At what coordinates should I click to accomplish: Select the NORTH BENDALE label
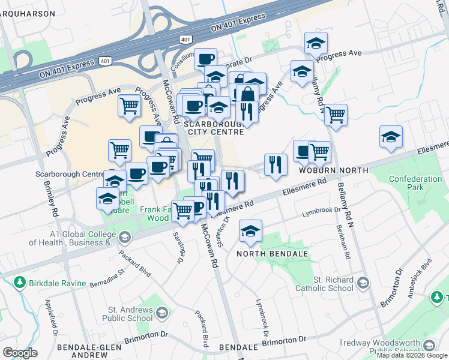(x=272, y=254)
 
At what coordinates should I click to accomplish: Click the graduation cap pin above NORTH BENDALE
(x=250, y=230)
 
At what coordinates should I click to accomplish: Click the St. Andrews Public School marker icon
(x=161, y=313)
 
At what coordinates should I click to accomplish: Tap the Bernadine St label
(x=109, y=279)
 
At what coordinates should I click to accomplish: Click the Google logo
(x=20, y=353)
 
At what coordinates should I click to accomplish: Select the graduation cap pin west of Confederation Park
(x=391, y=137)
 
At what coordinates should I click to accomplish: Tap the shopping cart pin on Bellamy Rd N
(x=336, y=115)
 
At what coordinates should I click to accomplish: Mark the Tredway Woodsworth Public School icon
(x=429, y=346)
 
